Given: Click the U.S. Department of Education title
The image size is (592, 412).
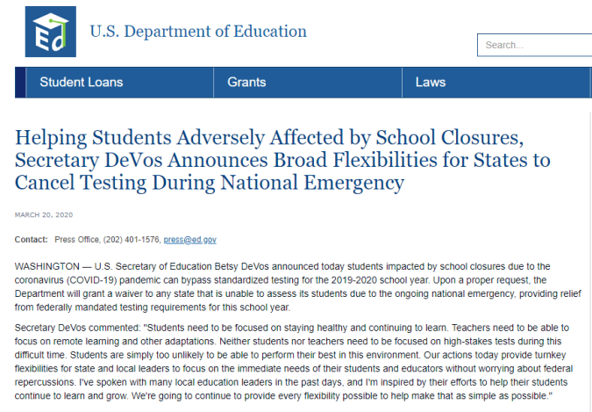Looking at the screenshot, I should coord(198,32).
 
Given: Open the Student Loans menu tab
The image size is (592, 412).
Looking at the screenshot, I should coord(81,83).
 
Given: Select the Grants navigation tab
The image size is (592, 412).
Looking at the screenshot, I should coord(246,83).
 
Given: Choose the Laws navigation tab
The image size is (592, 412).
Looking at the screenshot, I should coord(431,83).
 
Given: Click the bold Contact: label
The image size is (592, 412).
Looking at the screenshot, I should coord(32,239).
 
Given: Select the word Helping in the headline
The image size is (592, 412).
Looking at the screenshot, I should coord(51,138).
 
